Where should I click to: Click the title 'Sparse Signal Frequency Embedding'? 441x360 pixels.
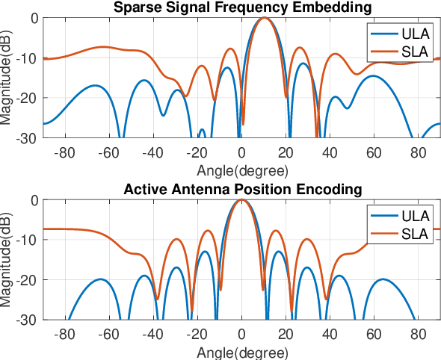point(241,8)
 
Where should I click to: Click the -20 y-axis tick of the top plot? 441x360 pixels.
point(29,98)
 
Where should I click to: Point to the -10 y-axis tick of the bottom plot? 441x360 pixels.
point(29,240)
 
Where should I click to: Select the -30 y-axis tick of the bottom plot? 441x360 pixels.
point(29,320)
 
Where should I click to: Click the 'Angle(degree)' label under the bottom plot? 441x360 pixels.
point(241,351)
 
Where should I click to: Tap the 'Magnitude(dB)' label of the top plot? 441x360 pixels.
point(7,78)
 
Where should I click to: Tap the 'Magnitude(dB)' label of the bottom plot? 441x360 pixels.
point(7,260)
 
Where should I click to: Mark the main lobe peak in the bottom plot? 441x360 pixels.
point(241,200)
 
